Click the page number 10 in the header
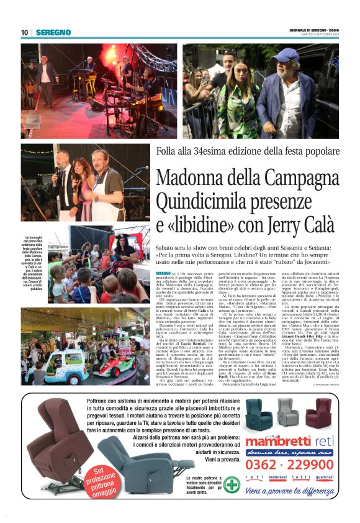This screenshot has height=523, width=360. coord(25,32)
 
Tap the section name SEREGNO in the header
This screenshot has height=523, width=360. coord(53,32)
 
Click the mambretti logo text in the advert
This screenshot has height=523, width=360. coord(276,442)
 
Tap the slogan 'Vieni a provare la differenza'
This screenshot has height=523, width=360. coord(289,491)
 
